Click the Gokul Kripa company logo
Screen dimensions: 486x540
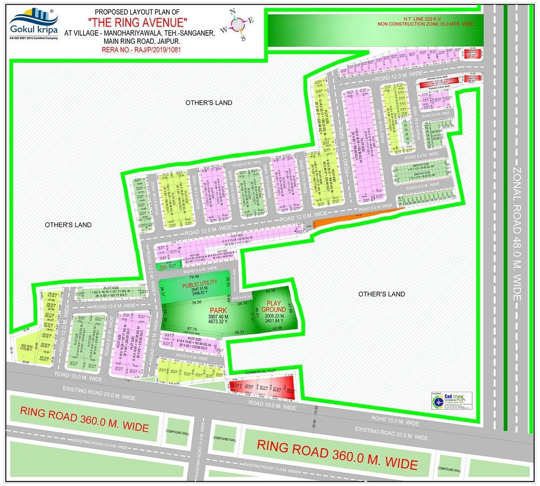coord(33,24)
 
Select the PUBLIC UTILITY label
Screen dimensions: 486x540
coord(199,283)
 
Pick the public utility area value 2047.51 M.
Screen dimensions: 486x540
coord(199,289)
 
